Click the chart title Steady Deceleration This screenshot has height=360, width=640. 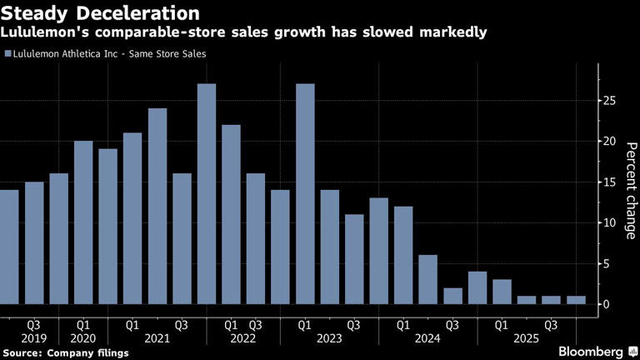click(100, 13)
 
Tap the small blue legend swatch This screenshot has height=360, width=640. click(7, 54)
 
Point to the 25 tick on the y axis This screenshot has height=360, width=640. click(609, 101)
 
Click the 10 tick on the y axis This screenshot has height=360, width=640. click(609, 223)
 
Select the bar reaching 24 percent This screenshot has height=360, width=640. click(157, 206)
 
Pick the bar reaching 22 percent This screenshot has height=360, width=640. click(231, 214)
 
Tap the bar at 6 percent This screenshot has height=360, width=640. click(427, 279)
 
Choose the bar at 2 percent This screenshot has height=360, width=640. click(452, 296)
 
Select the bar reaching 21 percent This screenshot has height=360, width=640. click(132, 218)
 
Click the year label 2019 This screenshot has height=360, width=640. click(33, 339)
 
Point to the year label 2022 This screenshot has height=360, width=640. click(243, 339)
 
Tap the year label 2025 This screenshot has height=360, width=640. click(525, 339)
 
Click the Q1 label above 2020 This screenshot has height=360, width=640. click(83, 323)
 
